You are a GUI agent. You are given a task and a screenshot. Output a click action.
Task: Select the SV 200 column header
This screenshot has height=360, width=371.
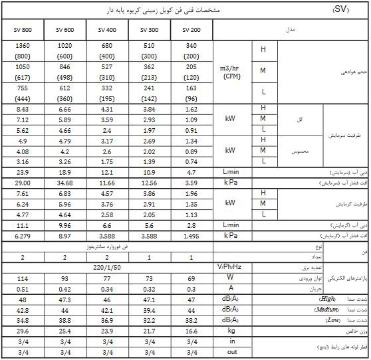191,30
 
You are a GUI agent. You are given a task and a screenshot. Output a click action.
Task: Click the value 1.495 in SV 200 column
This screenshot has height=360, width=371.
191,235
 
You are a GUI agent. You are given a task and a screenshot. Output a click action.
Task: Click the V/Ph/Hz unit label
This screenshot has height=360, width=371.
232,267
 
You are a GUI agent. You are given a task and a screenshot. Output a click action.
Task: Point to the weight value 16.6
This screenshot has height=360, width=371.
191,331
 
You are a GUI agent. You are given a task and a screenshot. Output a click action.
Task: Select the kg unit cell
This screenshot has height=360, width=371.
232,331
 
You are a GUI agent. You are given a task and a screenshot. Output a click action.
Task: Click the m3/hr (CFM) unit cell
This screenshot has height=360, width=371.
232,71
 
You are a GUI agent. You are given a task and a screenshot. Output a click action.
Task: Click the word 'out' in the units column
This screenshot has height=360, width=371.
232,352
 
